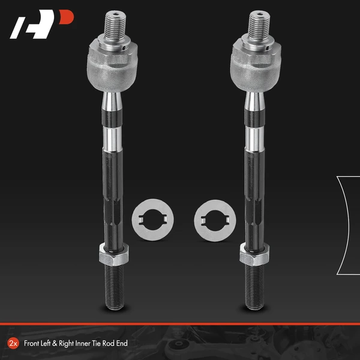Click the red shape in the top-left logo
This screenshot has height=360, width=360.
67,17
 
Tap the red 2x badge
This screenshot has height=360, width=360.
13,343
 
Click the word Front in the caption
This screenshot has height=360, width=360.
31,343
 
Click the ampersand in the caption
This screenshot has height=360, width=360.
55,343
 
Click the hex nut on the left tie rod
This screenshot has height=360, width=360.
114,254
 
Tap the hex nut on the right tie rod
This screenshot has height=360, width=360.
254,254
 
